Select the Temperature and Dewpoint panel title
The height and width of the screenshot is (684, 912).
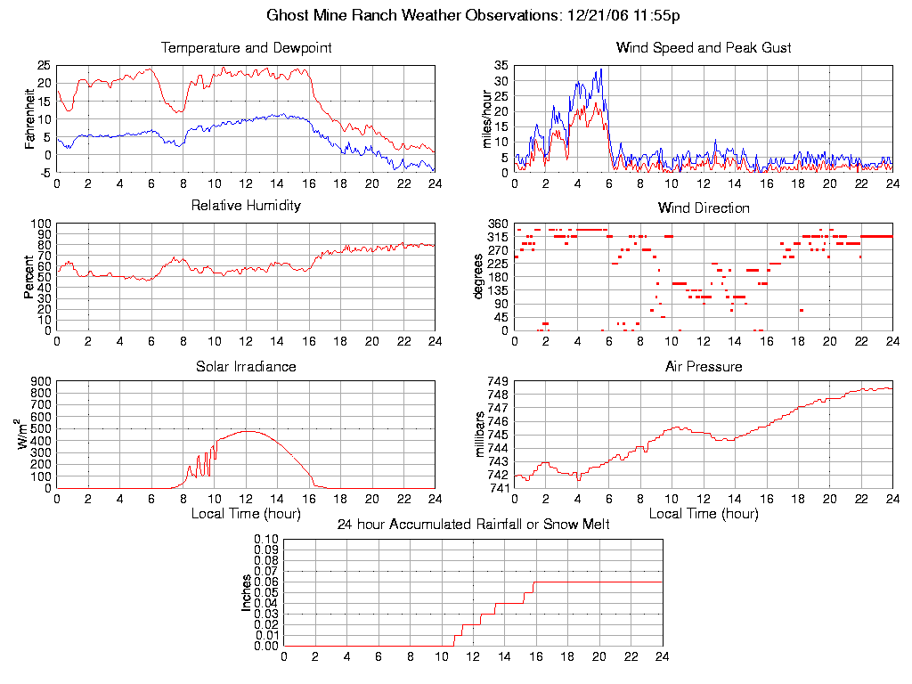(x=246, y=47)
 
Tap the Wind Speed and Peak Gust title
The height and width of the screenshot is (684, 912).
(x=704, y=47)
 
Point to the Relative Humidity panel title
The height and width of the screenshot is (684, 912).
(x=246, y=206)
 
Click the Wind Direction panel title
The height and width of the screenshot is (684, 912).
(x=704, y=208)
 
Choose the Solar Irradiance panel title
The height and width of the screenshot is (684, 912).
(x=246, y=366)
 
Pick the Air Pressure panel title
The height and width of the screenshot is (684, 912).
(x=704, y=366)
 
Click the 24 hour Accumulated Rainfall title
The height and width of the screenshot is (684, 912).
(x=473, y=525)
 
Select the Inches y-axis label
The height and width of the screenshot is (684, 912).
(x=247, y=593)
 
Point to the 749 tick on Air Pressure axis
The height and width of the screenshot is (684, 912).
(x=498, y=381)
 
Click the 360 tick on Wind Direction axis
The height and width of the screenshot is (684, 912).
(x=498, y=224)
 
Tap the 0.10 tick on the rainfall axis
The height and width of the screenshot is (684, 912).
(x=266, y=540)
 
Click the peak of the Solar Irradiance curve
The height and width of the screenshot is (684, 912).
(x=247, y=431)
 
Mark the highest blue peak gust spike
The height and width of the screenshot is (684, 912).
(x=601, y=69)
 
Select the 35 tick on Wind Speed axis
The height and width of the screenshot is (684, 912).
(x=501, y=66)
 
